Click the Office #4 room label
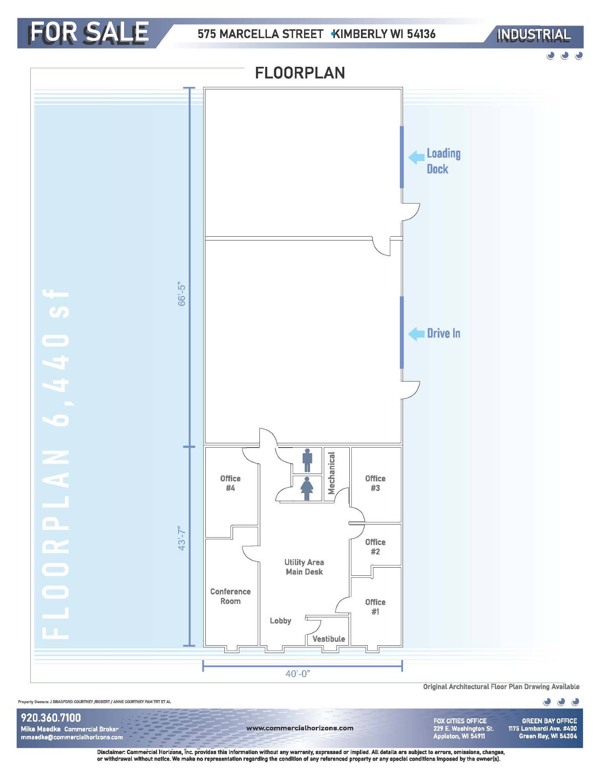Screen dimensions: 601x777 (x=230, y=483)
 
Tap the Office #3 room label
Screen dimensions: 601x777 (x=375, y=483)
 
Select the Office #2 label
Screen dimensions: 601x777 (x=375, y=547)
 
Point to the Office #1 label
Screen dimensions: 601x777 (x=375, y=606)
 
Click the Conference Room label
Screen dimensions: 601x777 (x=230, y=596)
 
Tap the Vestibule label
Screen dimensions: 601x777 (x=329, y=639)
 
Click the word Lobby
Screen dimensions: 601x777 (x=280, y=621)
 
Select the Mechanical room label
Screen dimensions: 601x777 (x=331, y=473)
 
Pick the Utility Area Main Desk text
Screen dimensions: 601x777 (x=304, y=567)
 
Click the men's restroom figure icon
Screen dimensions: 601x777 (x=307, y=460)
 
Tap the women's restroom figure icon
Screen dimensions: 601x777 (x=307, y=488)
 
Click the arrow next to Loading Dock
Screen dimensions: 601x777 (x=416, y=157)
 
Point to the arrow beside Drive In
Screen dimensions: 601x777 (x=416, y=334)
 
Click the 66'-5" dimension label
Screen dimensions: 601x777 (x=182, y=293)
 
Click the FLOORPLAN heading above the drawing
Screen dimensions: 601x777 (x=300, y=73)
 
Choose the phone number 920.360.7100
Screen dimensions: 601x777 (x=51, y=718)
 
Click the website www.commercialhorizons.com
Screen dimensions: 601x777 (x=300, y=728)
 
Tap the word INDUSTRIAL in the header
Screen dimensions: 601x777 (x=534, y=35)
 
